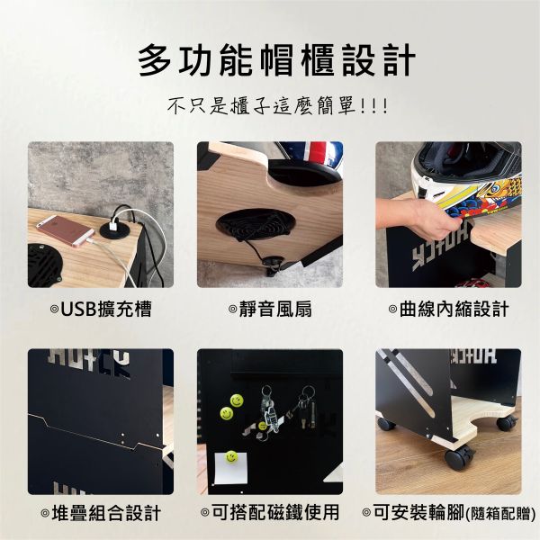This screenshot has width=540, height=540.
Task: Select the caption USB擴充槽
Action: pyautogui.click(x=100, y=310)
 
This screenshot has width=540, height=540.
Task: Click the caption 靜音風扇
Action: pyautogui.click(x=269, y=310)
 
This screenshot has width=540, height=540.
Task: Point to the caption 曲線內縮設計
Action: pyautogui.click(x=448, y=310)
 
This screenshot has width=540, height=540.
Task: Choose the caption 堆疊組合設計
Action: pyautogui.click(x=100, y=514)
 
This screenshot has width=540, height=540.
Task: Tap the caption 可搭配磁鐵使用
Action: pyautogui.click(x=269, y=514)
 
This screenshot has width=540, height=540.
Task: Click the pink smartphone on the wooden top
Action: pyautogui.click(x=64, y=230)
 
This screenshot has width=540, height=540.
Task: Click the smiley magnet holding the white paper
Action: pyautogui.click(x=232, y=458)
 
